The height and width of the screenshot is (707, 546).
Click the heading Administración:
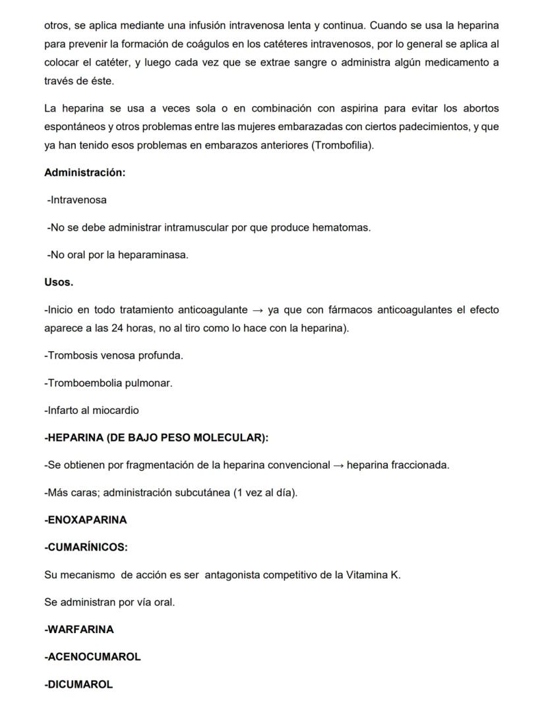coord(84,172)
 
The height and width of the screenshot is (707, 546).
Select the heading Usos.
coord(59,282)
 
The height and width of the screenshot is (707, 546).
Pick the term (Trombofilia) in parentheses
coord(342,145)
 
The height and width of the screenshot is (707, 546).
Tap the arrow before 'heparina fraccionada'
coord(338,465)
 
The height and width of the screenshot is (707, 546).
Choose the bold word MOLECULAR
coord(225,438)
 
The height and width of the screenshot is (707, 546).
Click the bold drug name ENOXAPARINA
coord(86,520)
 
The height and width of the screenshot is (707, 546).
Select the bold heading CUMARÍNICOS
coord(86,547)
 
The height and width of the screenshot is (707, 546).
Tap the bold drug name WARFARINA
coord(79,629)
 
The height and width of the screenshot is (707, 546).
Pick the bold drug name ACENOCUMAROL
coord(92,657)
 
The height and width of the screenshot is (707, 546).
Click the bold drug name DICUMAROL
coord(78,685)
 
